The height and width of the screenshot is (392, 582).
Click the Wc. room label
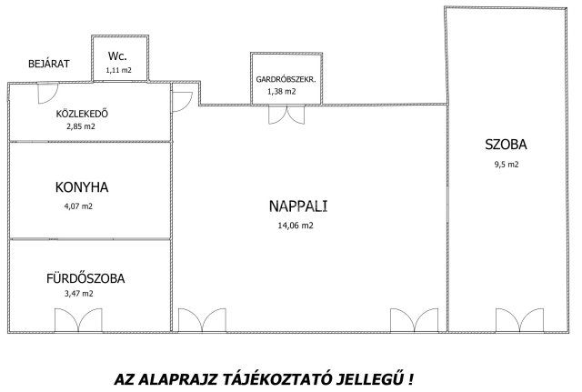click(x=115, y=55)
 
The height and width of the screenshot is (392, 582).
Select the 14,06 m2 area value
click(x=295, y=225)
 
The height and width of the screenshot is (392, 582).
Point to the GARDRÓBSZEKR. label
click(x=286, y=79)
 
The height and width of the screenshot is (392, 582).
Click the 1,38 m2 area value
click(x=281, y=92)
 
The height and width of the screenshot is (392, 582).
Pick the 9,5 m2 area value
click(x=505, y=165)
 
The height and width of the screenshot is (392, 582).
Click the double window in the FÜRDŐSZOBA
click(x=78, y=321)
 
